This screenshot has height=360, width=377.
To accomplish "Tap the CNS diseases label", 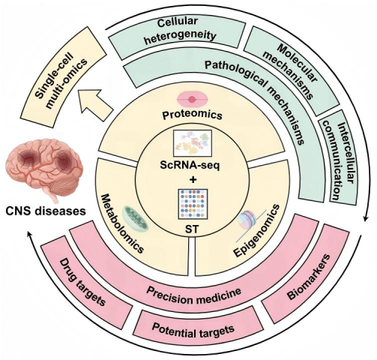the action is (x=46, y=211).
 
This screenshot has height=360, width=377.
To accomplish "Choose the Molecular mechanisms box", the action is (x=291, y=69).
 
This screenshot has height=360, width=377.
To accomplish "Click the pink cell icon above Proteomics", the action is (x=192, y=99).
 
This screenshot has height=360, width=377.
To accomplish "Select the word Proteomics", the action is (x=192, y=115).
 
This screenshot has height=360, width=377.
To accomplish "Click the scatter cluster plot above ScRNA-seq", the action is (x=193, y=143).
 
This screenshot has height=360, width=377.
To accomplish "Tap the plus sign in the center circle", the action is (x=193, y=180).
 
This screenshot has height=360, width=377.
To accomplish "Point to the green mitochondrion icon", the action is (x=135, y=218).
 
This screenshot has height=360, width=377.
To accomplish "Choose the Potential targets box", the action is (x=193, y=328).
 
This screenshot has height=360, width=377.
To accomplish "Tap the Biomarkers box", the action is (x=309, y=277).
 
